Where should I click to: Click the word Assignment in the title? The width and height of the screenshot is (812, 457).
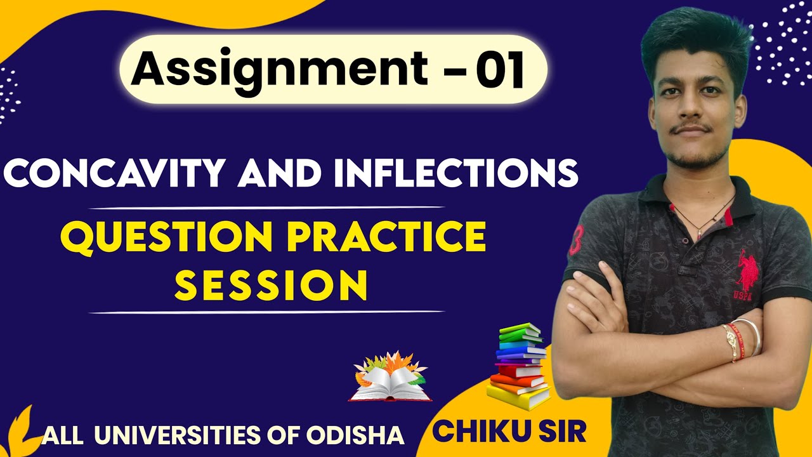[280, 70]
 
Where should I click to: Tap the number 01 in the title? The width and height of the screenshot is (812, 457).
[501, 70]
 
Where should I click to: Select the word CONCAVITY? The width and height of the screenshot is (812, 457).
[114, 173]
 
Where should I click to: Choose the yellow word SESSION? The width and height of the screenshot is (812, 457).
[271, 286]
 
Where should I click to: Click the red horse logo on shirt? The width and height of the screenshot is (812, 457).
[747, 270]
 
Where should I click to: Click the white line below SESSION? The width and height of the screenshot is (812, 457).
[266, 312]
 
